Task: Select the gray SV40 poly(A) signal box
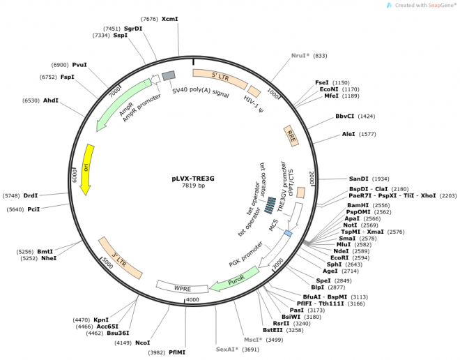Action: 168,75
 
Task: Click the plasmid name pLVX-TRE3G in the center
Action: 193,178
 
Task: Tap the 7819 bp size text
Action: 193,186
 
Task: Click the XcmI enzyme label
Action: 170,19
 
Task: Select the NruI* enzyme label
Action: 299,55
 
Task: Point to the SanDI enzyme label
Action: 358,179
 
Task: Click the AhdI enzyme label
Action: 51,100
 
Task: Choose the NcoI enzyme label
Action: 142,343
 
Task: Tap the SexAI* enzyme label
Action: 227,349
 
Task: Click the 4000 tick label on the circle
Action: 192,299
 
